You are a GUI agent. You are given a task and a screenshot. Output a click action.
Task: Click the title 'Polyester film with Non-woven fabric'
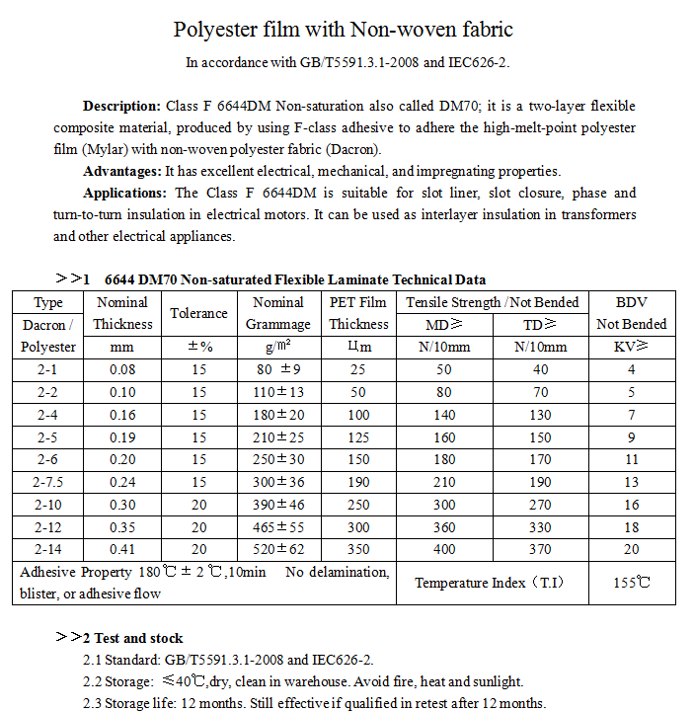[x=344, y=30]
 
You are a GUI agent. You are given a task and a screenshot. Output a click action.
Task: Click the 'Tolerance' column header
[x=199, y=313]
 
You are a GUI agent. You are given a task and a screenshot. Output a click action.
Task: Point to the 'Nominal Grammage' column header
[x=278, y=313]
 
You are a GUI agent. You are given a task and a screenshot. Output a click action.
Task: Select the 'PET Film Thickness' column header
[x=358, y=313]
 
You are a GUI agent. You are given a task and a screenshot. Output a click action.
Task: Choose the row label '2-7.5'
[x=48, y=483]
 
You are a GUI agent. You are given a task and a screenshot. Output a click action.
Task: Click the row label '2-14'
[x=48, y=549]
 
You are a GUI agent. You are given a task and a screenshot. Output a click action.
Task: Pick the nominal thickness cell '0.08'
[x=123, y=369]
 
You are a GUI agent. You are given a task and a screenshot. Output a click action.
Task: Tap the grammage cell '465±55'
[x=278, y=527]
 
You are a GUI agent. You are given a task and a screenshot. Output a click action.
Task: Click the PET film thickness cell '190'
[x=358, y=483]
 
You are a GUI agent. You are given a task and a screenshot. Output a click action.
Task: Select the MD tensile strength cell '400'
[x=443, y=549]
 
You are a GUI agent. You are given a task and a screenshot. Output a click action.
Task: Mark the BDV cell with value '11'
[x=632, y=460]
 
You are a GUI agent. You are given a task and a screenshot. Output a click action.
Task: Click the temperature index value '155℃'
[x=632, y=583]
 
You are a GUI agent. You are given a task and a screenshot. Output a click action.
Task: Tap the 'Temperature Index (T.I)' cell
[x=490, y=583]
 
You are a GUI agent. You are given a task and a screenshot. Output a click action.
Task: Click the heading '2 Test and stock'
[x=138, y=638]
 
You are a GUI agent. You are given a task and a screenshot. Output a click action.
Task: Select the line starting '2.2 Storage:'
[x=303, y=681]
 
